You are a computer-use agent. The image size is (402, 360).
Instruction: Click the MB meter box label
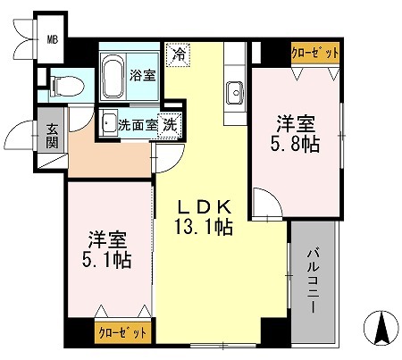(52, 38)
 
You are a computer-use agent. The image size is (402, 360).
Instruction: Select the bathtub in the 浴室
(114, 78)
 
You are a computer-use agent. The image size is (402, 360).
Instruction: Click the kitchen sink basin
(236, 91)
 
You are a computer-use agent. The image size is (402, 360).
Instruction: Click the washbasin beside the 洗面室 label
(107, 125)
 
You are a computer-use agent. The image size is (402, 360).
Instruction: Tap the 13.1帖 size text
(203, 229)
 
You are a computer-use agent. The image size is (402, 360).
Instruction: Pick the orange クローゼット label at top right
(315, 54)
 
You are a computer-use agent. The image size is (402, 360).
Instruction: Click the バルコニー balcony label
(316, 279)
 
